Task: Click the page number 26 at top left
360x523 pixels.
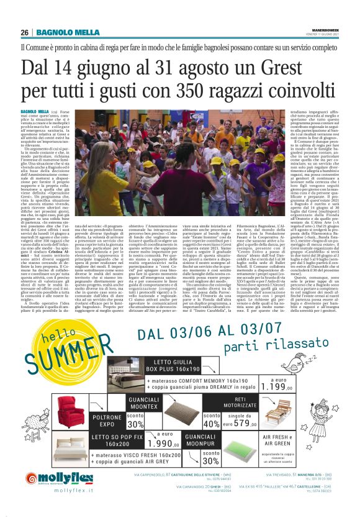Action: [25, 32]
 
